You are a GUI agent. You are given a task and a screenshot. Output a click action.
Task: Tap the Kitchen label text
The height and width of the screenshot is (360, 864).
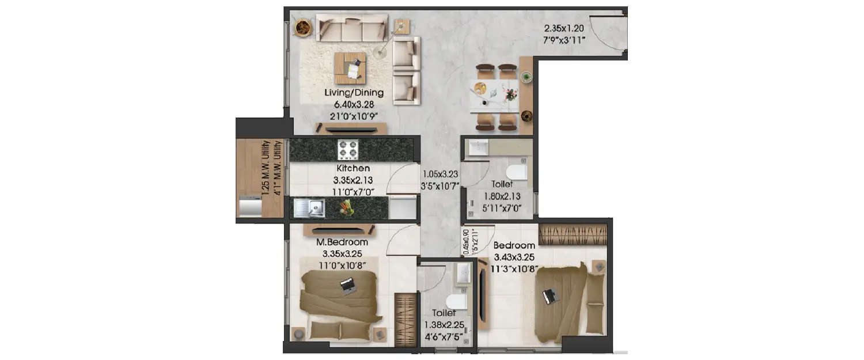353,168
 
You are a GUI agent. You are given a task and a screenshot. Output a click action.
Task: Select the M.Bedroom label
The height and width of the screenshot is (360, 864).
342,242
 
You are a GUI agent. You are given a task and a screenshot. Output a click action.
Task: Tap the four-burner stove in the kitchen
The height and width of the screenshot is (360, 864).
348,150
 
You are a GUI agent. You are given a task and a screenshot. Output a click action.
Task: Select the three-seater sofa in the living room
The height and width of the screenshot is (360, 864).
351,28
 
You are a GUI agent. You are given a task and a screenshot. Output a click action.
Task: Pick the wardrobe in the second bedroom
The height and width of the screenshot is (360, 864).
573,234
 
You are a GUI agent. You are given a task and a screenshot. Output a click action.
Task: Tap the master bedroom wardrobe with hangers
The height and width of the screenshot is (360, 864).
406,320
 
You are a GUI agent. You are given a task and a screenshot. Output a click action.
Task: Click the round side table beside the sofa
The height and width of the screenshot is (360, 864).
303,26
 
